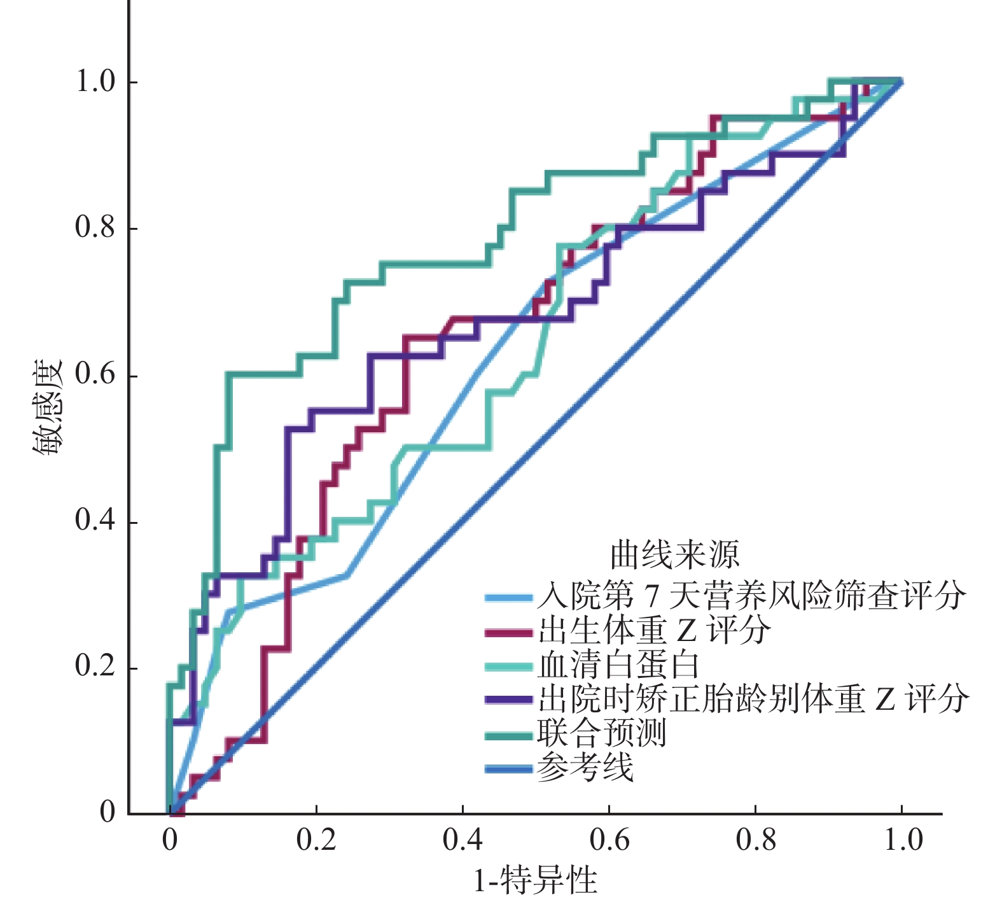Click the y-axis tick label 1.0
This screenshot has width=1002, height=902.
pos(95,81)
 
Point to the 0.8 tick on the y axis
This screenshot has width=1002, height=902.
pos(95,228)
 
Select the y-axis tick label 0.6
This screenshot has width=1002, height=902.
pos(95,375)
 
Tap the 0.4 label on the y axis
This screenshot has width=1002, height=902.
pos(95,521)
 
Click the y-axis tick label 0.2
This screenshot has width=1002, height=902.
pos(95,667)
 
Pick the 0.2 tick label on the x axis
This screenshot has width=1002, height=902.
pos(316,840)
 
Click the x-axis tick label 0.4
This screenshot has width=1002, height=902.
pos(463,840)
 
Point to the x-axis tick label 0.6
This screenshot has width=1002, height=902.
pos(609,840)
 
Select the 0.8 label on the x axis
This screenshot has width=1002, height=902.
pos(755,840)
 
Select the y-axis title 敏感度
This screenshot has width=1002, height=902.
pos(47,407)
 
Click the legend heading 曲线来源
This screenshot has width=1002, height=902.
pos(674,555)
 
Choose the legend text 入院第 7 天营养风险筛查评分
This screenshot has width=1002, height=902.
pos(751,597)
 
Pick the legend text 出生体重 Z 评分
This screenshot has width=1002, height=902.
pos(654,631)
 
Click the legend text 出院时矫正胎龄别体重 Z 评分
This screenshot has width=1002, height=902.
pos(753,700)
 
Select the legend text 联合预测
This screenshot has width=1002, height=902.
pos(601,734)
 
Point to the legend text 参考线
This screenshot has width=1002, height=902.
pos(585,768)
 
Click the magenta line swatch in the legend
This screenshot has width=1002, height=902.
pos(508,633)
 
